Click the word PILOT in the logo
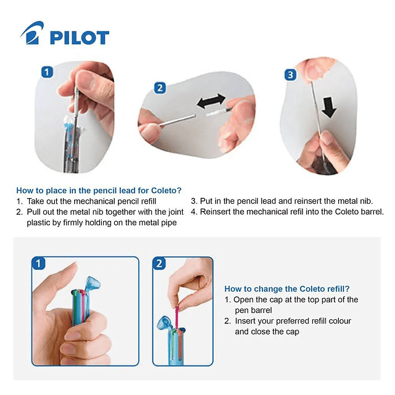(80, 38)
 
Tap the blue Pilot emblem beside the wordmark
(32, 33)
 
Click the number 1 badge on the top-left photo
(47, 72)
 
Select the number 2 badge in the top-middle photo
(160, 88)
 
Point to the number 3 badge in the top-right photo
(290, 75)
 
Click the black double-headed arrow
(211, 101)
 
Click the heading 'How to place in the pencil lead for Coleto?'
(99, 191)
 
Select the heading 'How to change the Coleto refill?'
(287, 289)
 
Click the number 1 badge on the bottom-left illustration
(38, 264)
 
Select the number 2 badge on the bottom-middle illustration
(159, 264)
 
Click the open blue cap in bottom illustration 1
(93, 284)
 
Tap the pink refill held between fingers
(177, 317)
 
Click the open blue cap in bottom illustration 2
(164, 323)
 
